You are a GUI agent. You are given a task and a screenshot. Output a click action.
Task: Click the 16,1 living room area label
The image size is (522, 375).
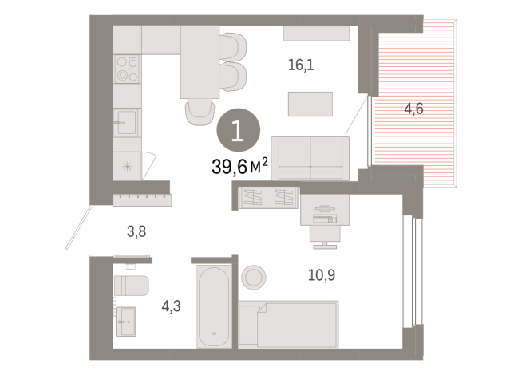[x=301, y=66]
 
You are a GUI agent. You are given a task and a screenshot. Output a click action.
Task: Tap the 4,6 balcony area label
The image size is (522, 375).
[x=413, y=109]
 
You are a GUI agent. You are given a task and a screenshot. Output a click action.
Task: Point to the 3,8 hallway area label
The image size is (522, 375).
[x=136, y=232]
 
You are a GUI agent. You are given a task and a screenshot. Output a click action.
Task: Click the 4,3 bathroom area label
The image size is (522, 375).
[x=171, y=305]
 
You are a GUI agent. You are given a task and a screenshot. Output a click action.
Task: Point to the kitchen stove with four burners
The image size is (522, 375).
[x=126, y=69]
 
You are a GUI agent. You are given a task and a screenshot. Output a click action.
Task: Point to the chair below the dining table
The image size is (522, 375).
[x=200, y=112]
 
